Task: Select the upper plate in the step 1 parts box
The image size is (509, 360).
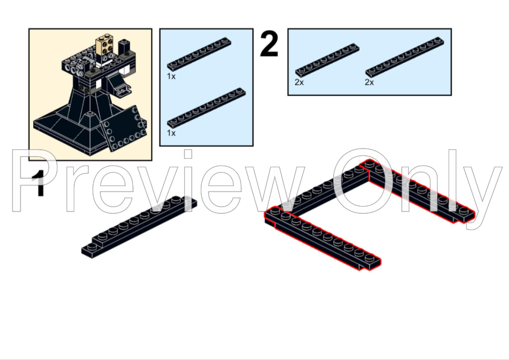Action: coord(199,54)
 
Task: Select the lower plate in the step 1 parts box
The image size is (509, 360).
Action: coord(206,108)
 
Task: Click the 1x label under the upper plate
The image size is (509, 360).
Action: coord(171,77)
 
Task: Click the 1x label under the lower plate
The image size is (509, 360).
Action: coord(171,133)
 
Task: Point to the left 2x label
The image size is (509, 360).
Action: coord(299,82)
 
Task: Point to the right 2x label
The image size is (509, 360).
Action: coord(369,82)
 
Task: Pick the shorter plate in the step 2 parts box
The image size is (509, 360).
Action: coord(327,60)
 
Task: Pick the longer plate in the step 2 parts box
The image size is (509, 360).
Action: coord(404,57)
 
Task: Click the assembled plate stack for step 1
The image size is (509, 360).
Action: coord(139,227)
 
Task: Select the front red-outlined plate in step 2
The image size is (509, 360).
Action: coord(323,238)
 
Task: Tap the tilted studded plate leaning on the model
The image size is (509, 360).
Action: coord(123,129)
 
